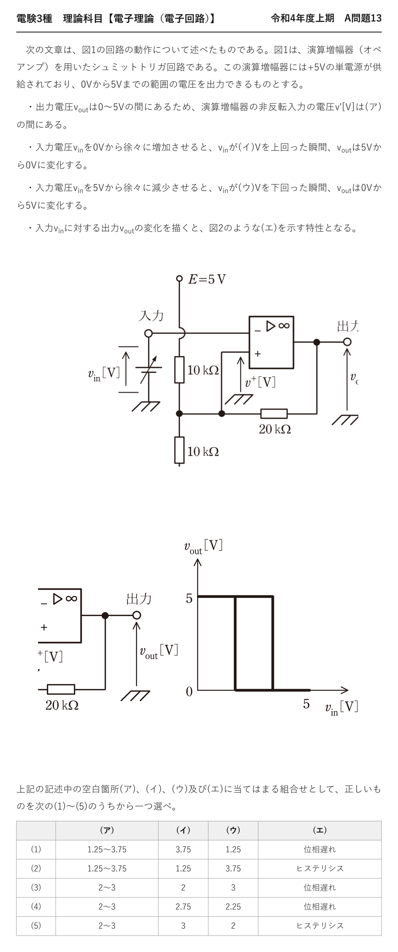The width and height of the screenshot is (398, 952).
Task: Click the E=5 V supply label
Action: pyautogui.click(x=207, y=279)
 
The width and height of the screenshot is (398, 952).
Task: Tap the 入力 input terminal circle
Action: pyautogui.click(x=148, y=334)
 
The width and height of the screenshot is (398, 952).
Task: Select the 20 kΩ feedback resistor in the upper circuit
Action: pyautogui.click(x=274, y=413)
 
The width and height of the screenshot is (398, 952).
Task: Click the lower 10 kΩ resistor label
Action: pyautogui.click(x=203, y=452)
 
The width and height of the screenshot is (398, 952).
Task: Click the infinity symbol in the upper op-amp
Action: pyautogui.click(x=284, y=326)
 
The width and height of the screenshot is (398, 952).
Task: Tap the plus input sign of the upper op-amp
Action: pyautogui.click(x=258, y=354)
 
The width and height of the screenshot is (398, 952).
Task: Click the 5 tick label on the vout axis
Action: pyautogui.click(x=189, y=599)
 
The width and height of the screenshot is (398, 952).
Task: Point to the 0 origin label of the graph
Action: pyautogui.click(x=189, y=691)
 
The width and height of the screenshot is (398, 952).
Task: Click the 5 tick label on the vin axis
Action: pyautogui.click(x=306, y=704)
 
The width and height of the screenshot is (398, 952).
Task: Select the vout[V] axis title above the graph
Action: pyautogui.click(x=203, y=547)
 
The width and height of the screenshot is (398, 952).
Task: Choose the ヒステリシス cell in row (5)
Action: pyautogui.click(x=320, y=926)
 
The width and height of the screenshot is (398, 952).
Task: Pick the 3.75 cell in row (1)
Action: pyautogui.click(x=183, y=849)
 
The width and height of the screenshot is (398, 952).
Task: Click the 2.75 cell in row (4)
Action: pyautogui.click(x=183, y=907)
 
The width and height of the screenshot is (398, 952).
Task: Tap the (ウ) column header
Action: pyautogui.click(x=233, y=830)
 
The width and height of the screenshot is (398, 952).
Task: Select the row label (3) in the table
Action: pyautogui.click(x=36, y=887)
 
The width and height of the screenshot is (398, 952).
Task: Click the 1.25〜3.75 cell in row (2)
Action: pyautogui.click(x=107, y=868)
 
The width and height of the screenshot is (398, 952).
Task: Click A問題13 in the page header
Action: pyautogui.click(x=363, y=18)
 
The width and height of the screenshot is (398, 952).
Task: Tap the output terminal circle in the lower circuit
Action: pyautogui.click(x=136, y=615)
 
